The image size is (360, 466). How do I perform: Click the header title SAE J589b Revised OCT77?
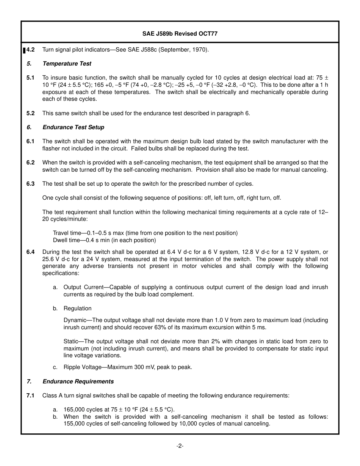[x=180, y=34]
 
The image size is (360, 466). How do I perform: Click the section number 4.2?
[x=31, y=50]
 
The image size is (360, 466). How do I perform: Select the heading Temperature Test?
[x=67, y=64]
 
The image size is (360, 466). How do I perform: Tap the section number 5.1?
[x=30, y=78]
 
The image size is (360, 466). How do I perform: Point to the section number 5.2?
[x=30, y=113]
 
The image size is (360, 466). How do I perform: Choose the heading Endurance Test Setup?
[x=73, y=127]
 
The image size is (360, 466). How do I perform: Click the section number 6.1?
[x=30, y=141]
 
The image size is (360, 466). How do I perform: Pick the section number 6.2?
[x=30, y=163]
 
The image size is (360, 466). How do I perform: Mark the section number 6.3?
[x=30, y=184]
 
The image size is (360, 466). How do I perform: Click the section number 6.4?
[x=30, y=252]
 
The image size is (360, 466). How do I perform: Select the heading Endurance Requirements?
[x=78, y=382]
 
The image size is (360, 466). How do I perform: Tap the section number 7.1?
[x=30, y=396]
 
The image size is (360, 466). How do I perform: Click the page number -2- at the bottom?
[x=180, y=446]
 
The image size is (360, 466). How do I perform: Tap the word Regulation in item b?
[x=77, y=308]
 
